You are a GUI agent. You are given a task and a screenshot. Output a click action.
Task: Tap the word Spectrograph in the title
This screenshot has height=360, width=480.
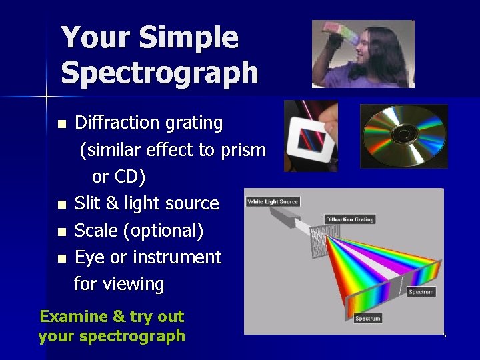point(159,72)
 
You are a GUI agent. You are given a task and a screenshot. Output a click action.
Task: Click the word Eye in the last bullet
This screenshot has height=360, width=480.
point(89,257)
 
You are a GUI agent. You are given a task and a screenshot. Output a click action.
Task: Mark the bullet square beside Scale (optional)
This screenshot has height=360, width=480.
point(62,232)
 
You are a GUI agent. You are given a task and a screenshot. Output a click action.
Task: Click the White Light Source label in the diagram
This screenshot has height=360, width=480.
point(273,201)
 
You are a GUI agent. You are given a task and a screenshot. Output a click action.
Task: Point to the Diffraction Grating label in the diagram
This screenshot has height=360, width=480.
point(349,219)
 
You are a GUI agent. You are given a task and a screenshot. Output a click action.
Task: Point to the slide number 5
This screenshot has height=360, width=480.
point(444,335)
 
